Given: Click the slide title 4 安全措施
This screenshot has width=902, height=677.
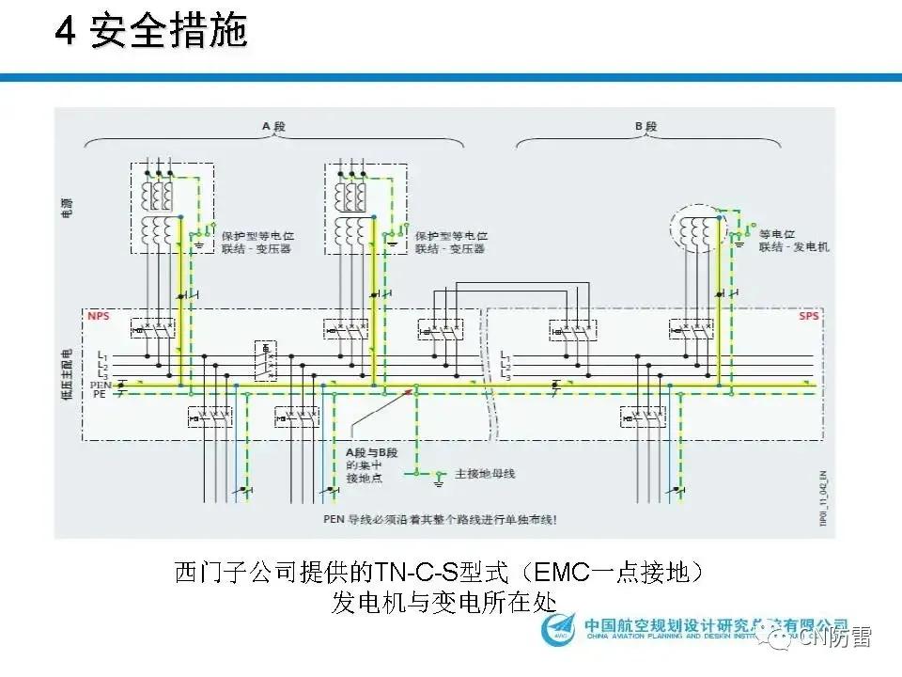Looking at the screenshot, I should pos(149,33).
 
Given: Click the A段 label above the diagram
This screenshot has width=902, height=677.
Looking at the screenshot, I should pos(272,126).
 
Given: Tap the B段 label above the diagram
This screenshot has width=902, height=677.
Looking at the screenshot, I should pos(645,126).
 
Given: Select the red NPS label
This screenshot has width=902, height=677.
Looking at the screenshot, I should pos(99,317).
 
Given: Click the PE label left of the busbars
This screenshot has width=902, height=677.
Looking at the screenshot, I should pos(100,396).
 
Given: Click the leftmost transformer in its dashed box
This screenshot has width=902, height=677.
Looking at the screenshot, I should pos(158,208).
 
